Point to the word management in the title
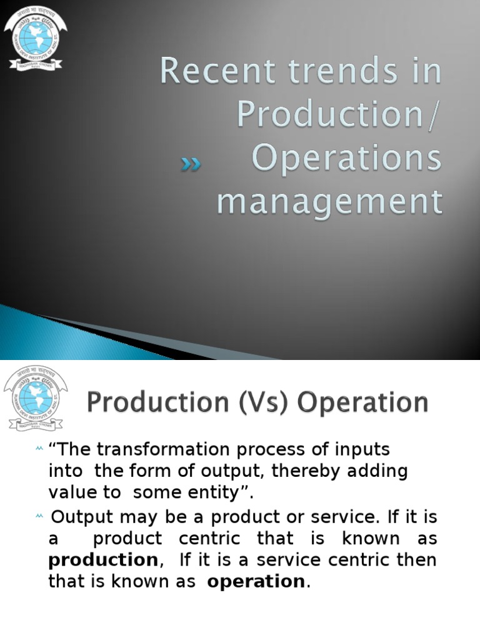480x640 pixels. point(329,202)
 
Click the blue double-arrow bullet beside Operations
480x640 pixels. point(191,164)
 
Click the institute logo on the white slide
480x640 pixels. point(35,398)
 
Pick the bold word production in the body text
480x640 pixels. point(103,559)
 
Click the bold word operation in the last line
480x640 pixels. point(256,581)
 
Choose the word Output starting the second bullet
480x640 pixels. point(79,517)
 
